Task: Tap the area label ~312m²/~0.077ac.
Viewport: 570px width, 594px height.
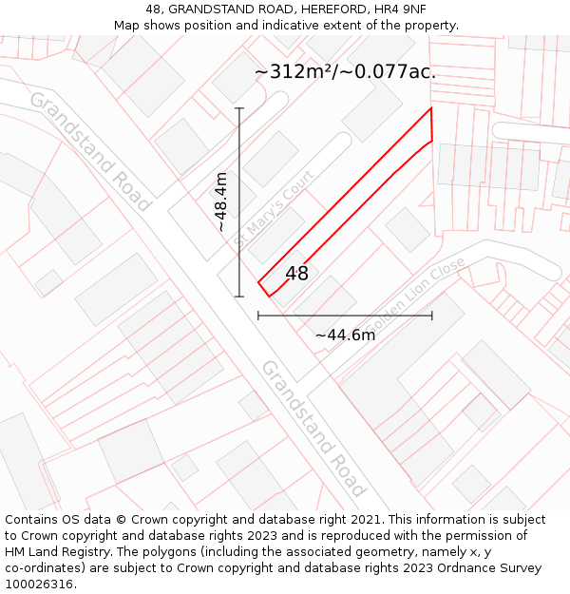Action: click(346, 72)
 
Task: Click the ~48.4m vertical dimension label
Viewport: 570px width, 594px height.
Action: click(221, 201)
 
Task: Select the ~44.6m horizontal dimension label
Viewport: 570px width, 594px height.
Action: click(345, 335)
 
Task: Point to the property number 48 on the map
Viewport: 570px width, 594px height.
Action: click(296, 274)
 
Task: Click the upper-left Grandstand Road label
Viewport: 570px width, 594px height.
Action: click(90, 151)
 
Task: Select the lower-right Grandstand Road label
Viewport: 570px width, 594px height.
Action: click(313, 428)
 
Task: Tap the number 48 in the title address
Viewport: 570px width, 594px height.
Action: click(154, 9)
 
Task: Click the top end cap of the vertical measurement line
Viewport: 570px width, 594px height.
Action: click(239, 108)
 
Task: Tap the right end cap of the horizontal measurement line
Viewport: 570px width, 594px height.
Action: click(432, 315)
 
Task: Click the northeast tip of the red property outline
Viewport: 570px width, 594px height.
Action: click(430, 108)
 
